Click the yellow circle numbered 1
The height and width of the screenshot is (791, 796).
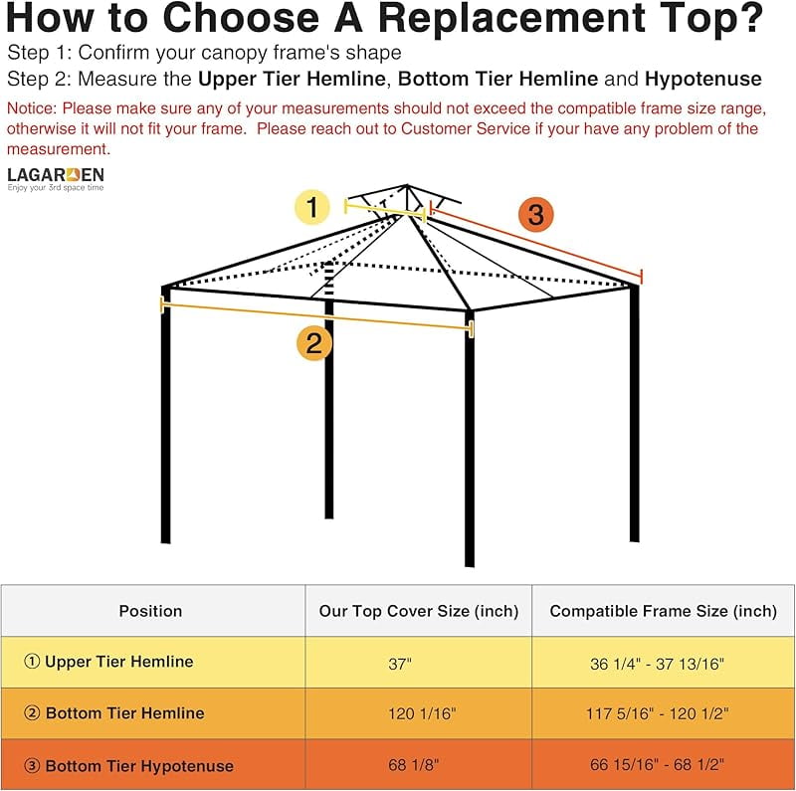[312, 207]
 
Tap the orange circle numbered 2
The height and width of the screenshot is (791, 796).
[314, 343]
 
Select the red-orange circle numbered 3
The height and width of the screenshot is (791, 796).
[536, 214]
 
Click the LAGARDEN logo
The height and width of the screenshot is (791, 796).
[56, 179]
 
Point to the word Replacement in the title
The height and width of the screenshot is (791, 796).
[511, 18]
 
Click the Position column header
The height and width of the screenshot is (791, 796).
[150, 611]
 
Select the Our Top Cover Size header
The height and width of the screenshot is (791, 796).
[419, 611]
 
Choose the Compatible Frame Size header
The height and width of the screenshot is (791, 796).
[663, 611]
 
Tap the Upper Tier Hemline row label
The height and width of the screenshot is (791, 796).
[108, 662]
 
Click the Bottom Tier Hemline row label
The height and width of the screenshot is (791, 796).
[114, 713]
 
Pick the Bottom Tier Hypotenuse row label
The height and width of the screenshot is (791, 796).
[129, 765]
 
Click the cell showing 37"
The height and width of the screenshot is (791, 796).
[400, 664]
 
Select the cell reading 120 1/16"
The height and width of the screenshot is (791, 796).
[422, 713]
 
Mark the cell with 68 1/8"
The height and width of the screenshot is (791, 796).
[413, 764]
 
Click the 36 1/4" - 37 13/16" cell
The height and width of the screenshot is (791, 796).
[657, 664]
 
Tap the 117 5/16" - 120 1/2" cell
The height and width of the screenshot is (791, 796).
[658, 713]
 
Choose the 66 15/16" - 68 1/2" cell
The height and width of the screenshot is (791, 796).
[657, 764]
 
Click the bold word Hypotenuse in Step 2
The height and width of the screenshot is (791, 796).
[703, 80]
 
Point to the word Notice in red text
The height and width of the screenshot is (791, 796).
[32, 108]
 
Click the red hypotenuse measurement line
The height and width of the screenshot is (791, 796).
[536, 242]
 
